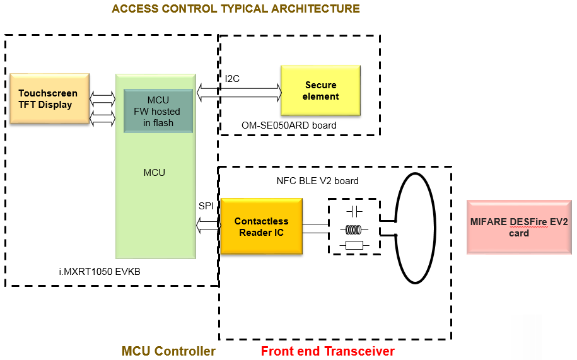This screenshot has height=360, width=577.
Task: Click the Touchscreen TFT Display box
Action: coord(49,98)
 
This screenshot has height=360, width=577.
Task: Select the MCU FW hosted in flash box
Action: coord(158,111)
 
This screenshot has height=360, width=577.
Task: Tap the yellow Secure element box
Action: coord(320,91)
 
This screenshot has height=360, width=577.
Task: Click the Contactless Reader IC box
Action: coord(261,227)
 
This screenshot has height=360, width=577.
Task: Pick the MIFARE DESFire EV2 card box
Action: coord(518,227)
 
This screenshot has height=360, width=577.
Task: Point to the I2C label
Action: coord(232,79)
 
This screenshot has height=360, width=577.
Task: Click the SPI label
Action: coord(206,206)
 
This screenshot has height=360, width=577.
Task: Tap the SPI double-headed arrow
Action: coord(209,223)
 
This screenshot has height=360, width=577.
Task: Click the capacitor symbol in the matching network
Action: coord(354,211)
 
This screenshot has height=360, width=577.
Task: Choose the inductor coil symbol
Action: coord(354,229)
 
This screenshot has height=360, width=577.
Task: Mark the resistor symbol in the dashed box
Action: coord(354,245)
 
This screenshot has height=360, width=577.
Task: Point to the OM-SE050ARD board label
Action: coord(289,125)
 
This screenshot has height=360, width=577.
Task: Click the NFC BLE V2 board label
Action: coord(317,181)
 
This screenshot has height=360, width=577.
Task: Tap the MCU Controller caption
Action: coord(168,351)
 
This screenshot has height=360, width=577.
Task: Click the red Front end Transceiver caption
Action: coord(328,351)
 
